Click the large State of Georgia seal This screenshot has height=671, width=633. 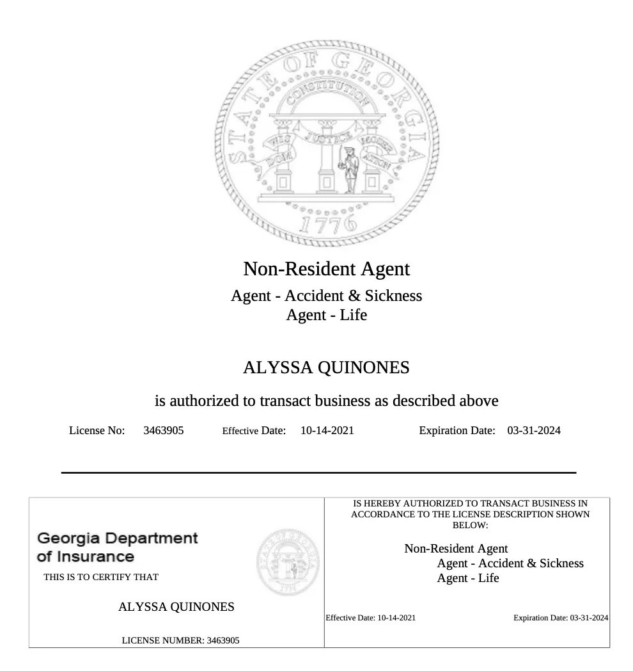327,143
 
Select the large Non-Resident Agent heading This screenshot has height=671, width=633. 326,268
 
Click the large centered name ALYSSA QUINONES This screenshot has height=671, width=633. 326,368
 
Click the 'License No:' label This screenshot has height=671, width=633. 97,430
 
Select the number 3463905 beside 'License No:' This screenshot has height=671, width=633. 163,430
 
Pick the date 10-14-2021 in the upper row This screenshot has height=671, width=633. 327,430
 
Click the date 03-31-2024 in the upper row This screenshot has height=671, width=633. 533,430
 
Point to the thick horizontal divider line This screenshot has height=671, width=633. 318,473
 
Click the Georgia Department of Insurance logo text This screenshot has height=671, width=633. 118,547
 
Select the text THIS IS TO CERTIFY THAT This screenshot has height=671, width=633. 101,577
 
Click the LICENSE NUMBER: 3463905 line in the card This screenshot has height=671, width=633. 180,640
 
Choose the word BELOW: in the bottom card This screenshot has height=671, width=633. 470,525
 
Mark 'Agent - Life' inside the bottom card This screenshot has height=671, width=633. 468,578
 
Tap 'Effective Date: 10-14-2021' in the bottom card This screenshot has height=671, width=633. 370,618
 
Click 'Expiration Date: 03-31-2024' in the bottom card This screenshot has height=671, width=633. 561,618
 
